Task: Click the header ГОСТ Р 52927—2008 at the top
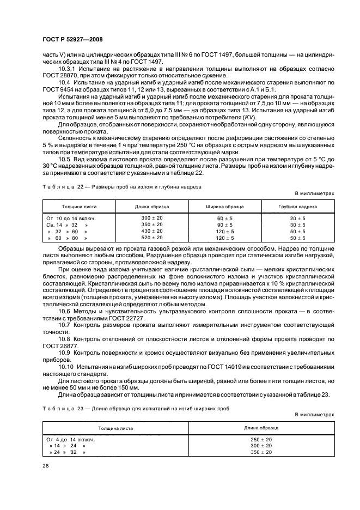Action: click(72, 40)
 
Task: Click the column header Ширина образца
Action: click(224, 207)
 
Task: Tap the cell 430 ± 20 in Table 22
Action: click(152, 231)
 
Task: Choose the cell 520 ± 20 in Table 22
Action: click(152, 238)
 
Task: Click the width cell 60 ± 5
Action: click(224, 218)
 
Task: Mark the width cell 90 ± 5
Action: click(224, 224)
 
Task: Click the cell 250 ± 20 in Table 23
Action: click(261, 439)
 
